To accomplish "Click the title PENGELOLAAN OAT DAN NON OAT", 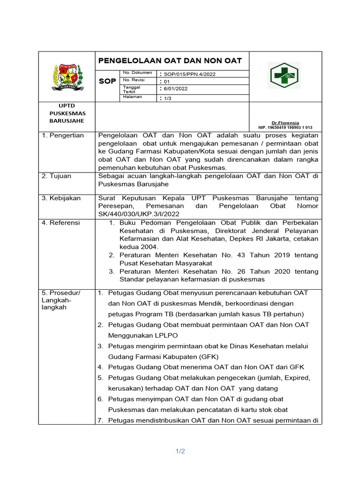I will click(170, 60).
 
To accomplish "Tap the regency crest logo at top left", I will click(67, 76).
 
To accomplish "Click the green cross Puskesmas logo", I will click(285, 75).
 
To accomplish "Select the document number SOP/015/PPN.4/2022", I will click(189, 74).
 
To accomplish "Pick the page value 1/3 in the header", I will click(167, 98).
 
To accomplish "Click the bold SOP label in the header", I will click(107, 82).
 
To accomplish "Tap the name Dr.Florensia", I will click(285, 123).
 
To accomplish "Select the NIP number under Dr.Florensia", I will click(285, 127).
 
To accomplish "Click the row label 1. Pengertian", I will click(63, 135).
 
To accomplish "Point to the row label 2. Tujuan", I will click(57, 176).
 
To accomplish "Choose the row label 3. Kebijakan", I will click(61, 198).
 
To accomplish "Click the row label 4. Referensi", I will click(61, 223).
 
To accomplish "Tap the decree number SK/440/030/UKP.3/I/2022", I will click(139, 214).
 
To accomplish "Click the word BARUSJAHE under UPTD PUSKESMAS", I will click(67, 120).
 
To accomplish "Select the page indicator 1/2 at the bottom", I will click(180, 451).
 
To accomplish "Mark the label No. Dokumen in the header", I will click(137, 73).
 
